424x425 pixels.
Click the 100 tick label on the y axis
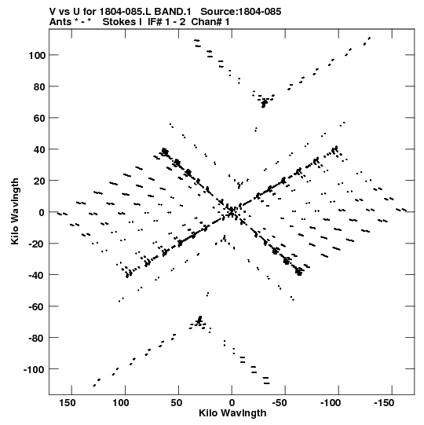[x=37, y=56]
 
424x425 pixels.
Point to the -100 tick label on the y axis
[x=34, y=370]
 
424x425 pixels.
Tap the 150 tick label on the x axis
[x=68, y=403]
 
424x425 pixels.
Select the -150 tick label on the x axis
[x=384, y=403]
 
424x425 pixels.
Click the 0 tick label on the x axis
[x=232, y=403]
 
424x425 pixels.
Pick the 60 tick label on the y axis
[x=39, y=119]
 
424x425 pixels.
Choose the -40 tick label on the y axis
[x=37, y=276]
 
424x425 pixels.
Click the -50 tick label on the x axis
[x=280, y=403]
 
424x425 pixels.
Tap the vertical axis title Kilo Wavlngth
[x=15, y=211]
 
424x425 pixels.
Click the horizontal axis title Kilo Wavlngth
[x=232, y=413]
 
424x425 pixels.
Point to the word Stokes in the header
[x=122, y=22]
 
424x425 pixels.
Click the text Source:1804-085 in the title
[x=241, y=12]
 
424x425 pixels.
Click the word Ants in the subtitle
[x=60, y=22]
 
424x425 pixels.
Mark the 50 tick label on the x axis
[x=177, y=403]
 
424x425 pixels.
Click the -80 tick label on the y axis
[x=37, y=339]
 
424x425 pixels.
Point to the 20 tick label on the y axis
[x=39, y=181]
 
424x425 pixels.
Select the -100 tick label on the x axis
[x=331, y=403]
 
